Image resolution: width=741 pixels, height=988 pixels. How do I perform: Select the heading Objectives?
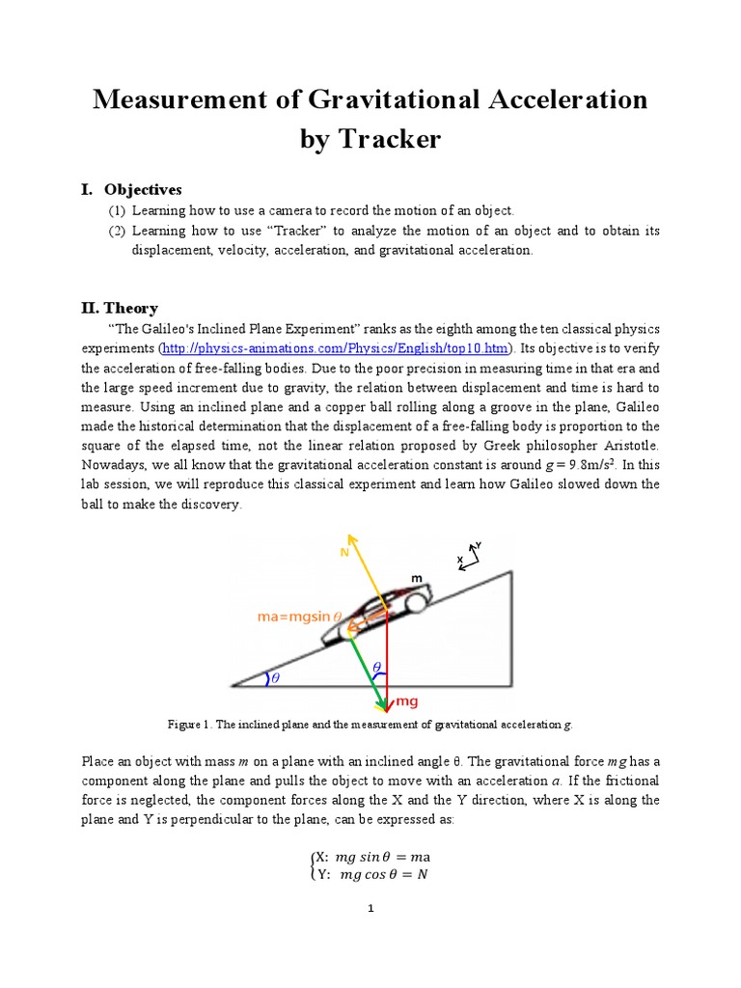(x=143, y=189)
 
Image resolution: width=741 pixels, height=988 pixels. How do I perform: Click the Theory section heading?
(x=131, y=308)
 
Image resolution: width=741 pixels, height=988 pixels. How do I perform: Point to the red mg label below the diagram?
(x=407, y=702)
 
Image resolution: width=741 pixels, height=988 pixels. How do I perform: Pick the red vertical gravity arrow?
(x=387, y=656)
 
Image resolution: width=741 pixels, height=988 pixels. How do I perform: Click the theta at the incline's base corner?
(x=274, y=678)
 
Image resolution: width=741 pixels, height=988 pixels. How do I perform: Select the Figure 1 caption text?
(x=370, y=724)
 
